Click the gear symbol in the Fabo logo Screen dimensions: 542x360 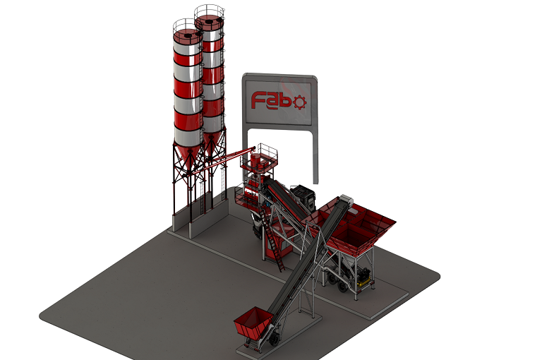[299, 102]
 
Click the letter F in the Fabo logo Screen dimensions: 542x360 [258, 100]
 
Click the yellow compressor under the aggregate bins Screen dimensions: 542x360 [363, 279]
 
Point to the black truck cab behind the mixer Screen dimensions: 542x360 [303, 196]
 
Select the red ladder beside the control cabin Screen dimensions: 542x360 [273, 241]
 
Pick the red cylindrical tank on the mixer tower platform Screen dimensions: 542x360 [255, 162]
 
